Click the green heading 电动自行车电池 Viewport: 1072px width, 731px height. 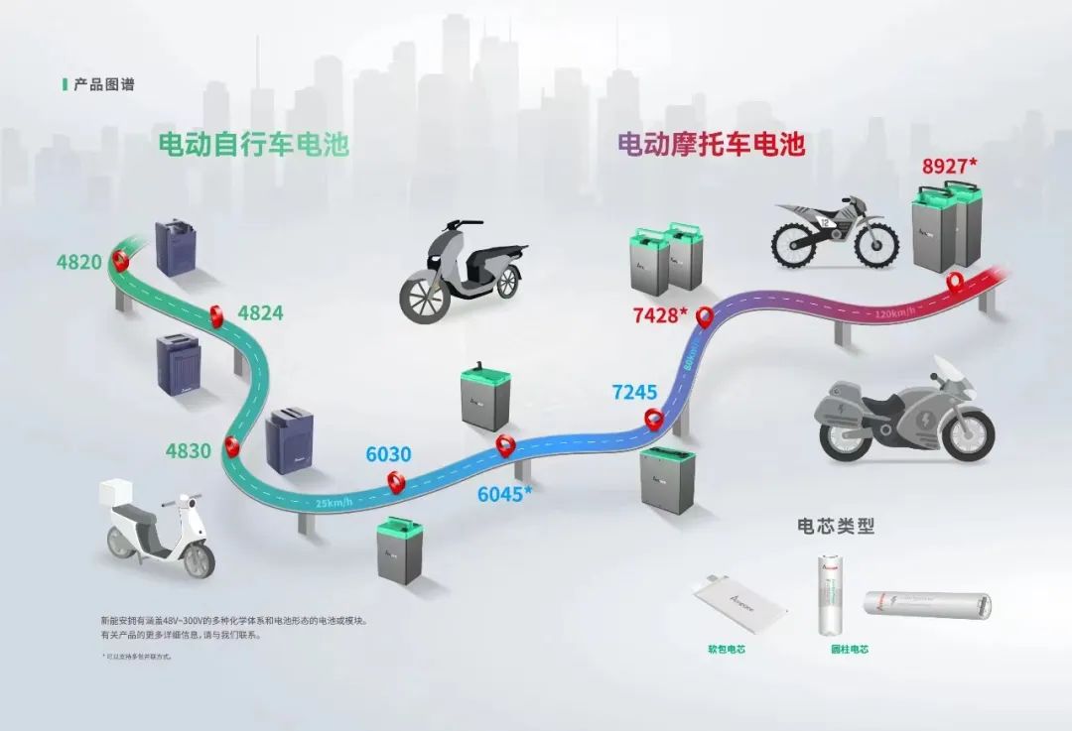(254, 145)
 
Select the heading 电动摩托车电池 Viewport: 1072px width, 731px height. (711, 145)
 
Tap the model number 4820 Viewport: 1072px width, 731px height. (79, 263)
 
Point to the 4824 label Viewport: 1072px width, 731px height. (260, 313)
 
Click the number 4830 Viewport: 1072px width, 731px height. (189, 450)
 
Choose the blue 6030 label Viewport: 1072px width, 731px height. (388, 454)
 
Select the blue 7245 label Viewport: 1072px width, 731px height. (635, 392)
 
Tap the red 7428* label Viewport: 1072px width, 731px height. (660, 315)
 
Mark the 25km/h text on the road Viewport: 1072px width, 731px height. (335, 503)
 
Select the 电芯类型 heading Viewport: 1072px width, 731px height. (836, 526)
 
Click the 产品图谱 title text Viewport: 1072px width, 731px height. (104, 84)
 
